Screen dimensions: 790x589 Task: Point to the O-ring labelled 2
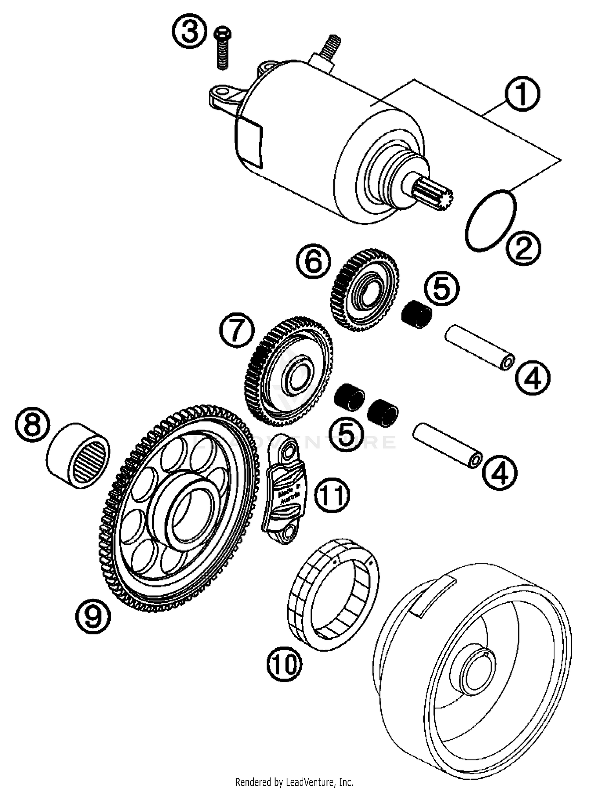pos(490,220)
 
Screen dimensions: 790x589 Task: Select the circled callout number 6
pos(313,262)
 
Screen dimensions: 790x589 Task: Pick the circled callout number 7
pos(236,330)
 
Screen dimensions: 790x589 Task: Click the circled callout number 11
pos(332,495)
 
